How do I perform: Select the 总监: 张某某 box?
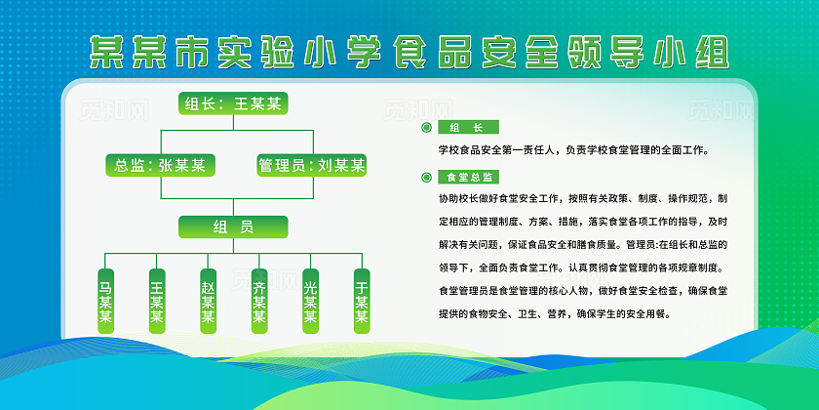click(x=160, y=165)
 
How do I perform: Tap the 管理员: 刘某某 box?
click(x=311, y=165)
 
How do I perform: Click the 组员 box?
click(x=234, y=227)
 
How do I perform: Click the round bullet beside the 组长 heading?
click(x=426, y=128)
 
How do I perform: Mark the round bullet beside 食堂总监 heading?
click(x=426, y=178)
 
